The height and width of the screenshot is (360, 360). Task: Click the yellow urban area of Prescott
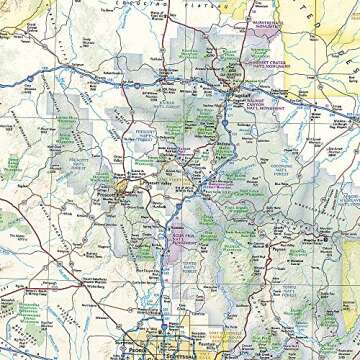pyautogui.click(x=121, y=184)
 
